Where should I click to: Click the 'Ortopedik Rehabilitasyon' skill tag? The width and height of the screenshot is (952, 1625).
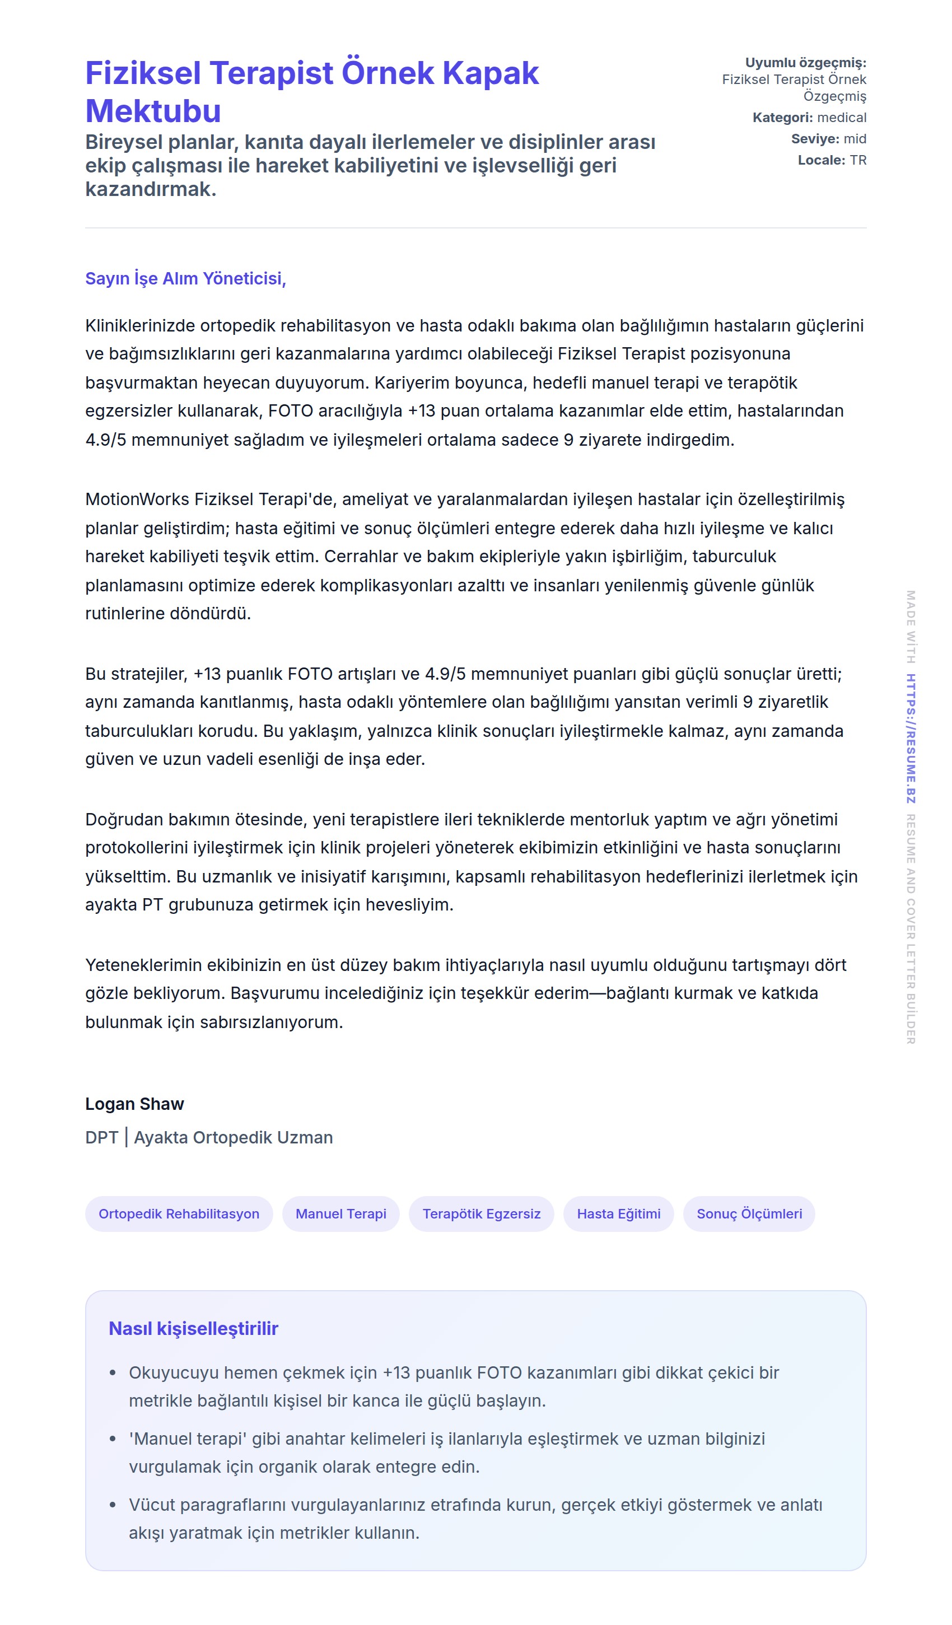pyautogui.click(x=179, y=1213)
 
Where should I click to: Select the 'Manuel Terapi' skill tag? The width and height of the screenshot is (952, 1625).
pyautogui.click(x=340, y=1213)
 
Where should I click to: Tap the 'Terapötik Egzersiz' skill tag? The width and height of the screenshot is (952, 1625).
pyautogui.click(x=481, y=1213)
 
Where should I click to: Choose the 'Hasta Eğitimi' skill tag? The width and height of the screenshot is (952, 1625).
pyautogui.click(x=619, y=1213)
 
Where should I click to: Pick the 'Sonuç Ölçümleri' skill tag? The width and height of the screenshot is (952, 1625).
pyautogui.click(x=749, y=1213)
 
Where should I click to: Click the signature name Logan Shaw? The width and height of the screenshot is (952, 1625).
pyautogui.click(x=134, y=1104)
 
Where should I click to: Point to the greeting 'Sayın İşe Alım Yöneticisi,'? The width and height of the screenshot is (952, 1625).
pyautogui.click(x=186, y=278)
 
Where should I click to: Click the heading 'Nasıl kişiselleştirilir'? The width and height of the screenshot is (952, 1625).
pyautogui.click(x=194, y=1328)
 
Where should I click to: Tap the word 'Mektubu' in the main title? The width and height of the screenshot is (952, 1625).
pyautogui.click(x=153, y=111)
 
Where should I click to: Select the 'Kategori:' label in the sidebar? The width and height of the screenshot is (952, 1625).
pyautogui.click(x=782, y=118)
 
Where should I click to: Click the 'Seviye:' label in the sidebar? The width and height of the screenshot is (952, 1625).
pyautogui.click(x=815, y=139)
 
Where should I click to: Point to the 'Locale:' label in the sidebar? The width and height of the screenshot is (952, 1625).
pyautogui.click(x=821, y=160)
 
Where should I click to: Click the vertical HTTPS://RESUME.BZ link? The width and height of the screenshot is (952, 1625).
pyautogui.click(x=910, y=739)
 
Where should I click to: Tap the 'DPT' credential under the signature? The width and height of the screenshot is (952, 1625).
pyautogui.click(x=101, y=1137)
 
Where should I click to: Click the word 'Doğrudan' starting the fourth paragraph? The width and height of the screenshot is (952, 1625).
pyautogui.click(x=124, y=819)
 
